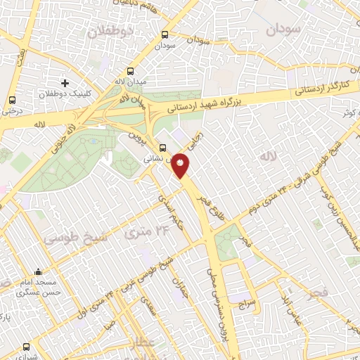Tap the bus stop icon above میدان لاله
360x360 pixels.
tap(130, 71)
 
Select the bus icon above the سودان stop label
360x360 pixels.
tap(165, 34)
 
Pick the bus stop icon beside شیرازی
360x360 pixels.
tap(26, 347)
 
